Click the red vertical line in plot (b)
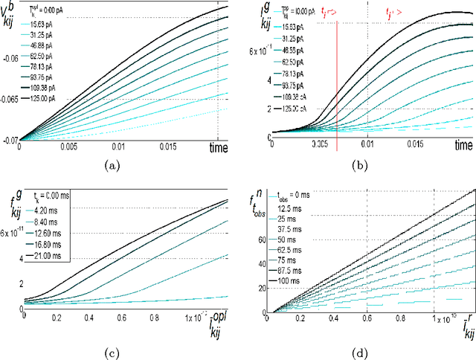[337, 82]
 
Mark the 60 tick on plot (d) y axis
[262, 240]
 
